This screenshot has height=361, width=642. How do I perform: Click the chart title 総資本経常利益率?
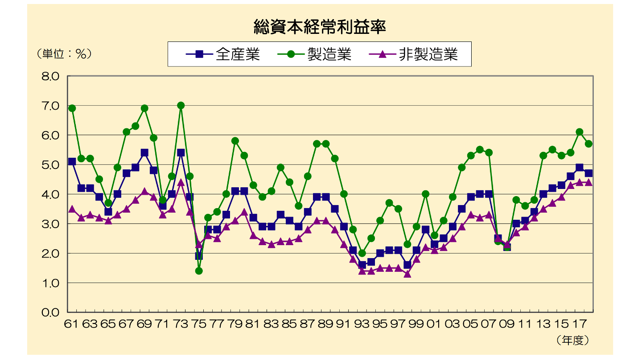(319, 27)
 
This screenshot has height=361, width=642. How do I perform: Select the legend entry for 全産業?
(223, 54)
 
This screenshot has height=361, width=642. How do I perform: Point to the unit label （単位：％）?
(64, 54)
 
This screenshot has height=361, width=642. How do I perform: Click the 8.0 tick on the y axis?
(50, 76)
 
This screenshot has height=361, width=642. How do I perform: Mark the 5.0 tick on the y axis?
(50, 164)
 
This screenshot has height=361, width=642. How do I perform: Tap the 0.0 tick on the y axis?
(50, 312)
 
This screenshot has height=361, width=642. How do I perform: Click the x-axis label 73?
(181, 324)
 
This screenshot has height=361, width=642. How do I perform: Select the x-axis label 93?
(362, 324)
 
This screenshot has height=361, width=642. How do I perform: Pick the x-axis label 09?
(507, 324)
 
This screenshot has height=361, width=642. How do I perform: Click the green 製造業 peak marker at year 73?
(181, 106)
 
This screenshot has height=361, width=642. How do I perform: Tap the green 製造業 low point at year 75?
(199, 271)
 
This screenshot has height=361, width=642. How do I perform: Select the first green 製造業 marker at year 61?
(72, 108)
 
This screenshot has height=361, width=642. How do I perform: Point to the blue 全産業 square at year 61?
(72, 161)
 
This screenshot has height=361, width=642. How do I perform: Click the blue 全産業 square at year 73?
(181, 152)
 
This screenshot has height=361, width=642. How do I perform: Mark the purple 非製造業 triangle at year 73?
(181, 182)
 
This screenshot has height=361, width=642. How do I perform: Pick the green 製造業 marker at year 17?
(579, 132)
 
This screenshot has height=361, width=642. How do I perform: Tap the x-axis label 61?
(72, 324)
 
